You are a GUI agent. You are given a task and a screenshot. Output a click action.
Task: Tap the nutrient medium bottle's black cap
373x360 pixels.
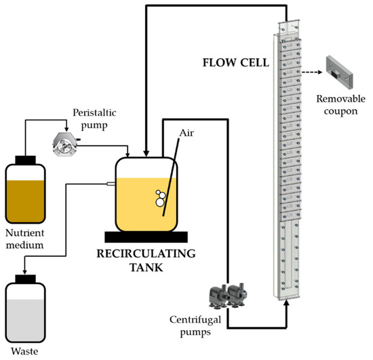click(x=25, y=161)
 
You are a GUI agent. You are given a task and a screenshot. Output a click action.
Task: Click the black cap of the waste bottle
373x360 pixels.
click(x=25, y=278)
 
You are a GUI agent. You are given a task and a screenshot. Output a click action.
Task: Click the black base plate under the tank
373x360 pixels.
click(x=145, y=237)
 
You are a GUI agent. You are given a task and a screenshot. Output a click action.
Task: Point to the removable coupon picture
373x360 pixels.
click(x=336, y=71)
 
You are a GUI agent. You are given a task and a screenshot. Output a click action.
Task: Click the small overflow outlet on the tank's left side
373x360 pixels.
click(x=110, y=182)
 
